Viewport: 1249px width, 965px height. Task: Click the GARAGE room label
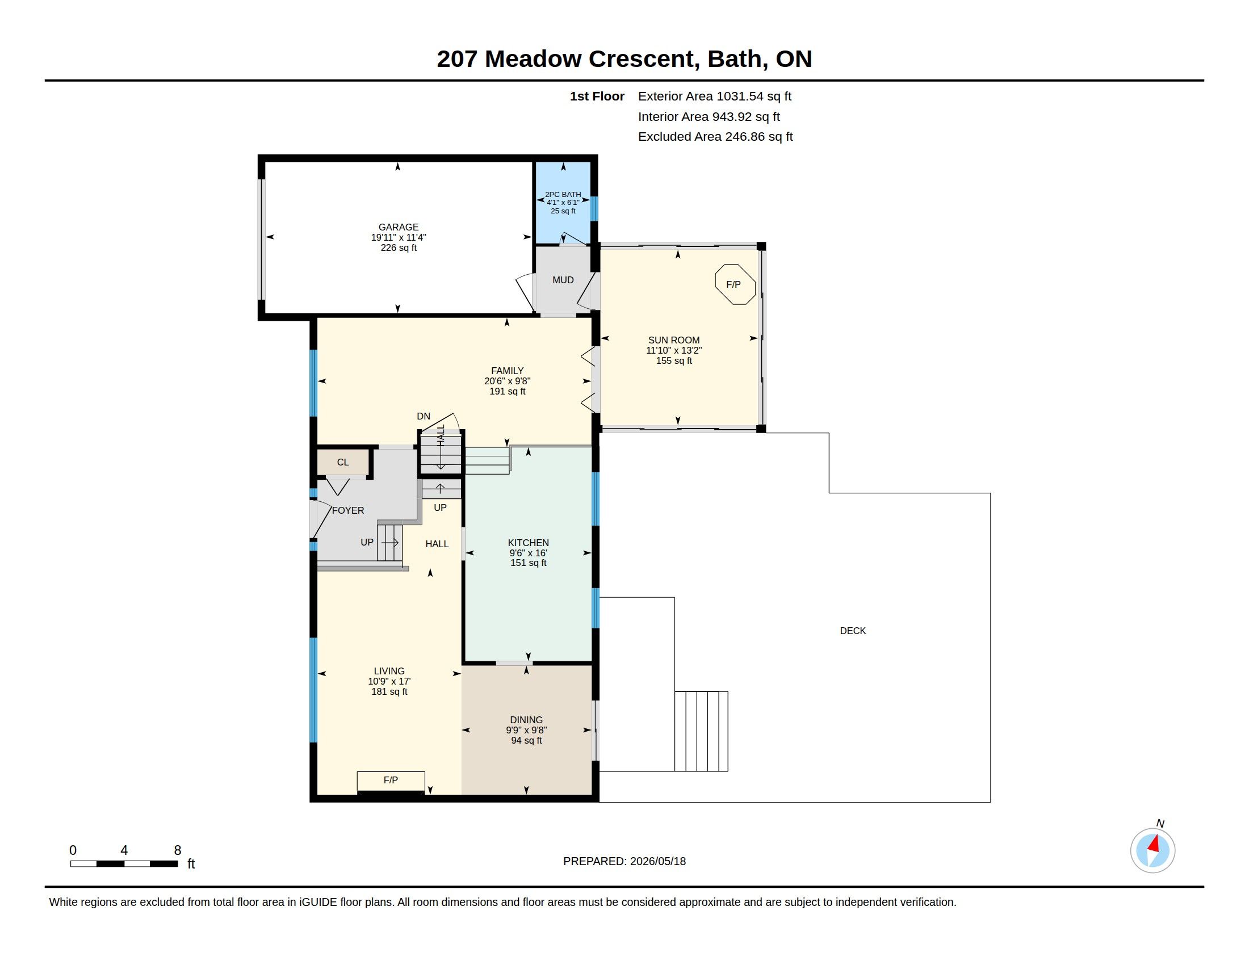(399, 227)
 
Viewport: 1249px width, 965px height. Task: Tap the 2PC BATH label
(563, 194)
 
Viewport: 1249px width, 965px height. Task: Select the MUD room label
(563, 280)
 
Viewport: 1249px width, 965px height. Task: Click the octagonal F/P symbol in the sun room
(735, 284)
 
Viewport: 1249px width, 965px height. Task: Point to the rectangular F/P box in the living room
(391, 781)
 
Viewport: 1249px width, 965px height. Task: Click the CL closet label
(342, 462)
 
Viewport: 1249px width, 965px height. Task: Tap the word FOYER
(347, 510)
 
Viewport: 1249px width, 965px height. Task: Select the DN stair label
(423, 416)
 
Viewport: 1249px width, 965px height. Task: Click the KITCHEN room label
(529, 543)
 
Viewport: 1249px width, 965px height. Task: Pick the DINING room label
(526, 720)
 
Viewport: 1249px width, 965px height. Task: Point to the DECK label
(853, 631)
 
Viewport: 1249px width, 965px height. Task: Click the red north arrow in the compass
(1154, 844)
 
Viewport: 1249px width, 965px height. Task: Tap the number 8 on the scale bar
(178, 850)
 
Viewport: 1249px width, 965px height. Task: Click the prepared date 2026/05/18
(657, 861)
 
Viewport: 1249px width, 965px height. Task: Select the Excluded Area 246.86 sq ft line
(715, 137)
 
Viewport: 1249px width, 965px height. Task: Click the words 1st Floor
(597, 96)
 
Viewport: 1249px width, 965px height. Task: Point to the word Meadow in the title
(533, 59)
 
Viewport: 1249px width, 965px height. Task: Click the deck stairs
(701, 731)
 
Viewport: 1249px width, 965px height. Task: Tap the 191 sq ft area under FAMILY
(507, 392)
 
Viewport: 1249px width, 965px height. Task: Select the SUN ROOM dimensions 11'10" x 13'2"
(674, 350)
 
